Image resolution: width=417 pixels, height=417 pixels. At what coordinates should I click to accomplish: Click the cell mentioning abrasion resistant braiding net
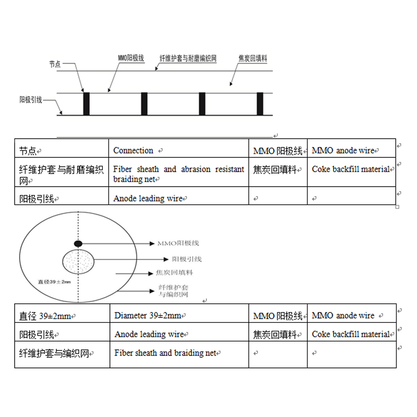point(178,174)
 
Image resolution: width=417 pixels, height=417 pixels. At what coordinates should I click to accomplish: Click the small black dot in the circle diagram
point(78,243)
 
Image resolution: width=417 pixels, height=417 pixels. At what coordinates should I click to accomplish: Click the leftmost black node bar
point(87,104)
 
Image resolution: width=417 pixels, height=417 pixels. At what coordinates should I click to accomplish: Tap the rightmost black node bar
point(260,104)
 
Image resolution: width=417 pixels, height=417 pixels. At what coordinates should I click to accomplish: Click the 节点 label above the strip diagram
point(55,64)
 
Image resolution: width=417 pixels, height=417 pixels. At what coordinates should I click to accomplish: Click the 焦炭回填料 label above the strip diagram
point(252,59)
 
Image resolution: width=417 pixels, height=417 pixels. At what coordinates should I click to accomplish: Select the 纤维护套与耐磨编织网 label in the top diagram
point(188,59)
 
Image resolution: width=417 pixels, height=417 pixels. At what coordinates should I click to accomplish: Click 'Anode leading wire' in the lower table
point(149,334)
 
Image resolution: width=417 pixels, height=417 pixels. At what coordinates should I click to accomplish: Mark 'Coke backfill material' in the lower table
point(351,334)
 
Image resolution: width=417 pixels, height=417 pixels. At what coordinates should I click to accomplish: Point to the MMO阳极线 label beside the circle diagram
point(181,243)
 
